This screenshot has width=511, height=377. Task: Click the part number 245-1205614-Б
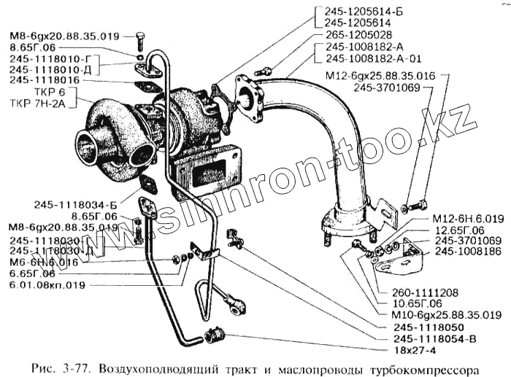[356, 11]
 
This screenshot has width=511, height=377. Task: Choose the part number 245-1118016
[43, 80]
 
